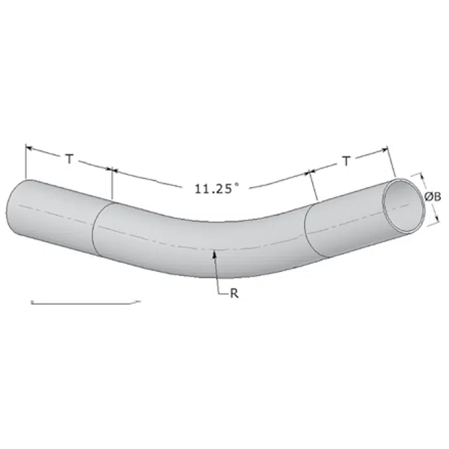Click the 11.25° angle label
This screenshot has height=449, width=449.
[x=216, y=189]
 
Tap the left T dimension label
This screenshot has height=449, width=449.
[x=69, y=158]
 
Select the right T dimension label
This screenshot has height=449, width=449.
[x=347, y=161]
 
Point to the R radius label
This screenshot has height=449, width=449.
[x=234, y=293]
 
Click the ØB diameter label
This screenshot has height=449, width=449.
[x=432, y=197]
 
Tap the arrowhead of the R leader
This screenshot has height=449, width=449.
[x=214, y=253]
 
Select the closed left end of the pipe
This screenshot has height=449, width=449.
[x=8, y=210]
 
